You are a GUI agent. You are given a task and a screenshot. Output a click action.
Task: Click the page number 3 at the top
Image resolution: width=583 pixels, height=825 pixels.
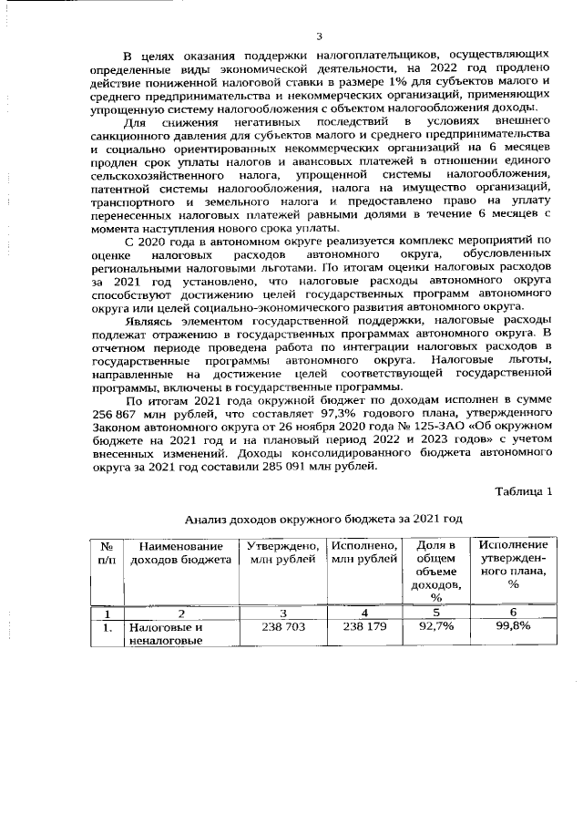(x=319, y=36)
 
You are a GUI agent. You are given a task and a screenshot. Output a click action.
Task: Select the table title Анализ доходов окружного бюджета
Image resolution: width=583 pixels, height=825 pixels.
(x=323, y=518)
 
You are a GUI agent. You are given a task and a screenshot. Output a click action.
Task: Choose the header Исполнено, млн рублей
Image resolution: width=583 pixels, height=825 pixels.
(x=364, y=552)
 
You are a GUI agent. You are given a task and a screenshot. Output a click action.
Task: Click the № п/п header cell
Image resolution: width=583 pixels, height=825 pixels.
(x=107, y=552)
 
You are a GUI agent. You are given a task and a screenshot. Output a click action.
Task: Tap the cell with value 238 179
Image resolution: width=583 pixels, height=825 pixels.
(x=364, y=628)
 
